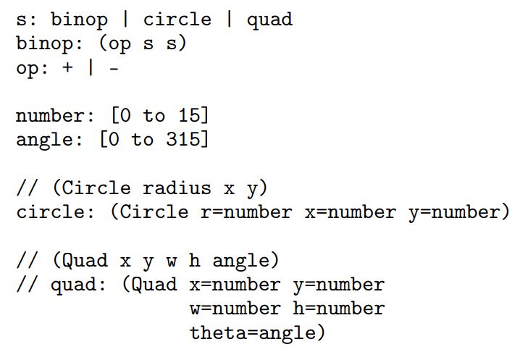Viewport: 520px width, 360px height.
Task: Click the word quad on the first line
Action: (x=269, y=20)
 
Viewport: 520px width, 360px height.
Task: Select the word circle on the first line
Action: (x=177, y=19)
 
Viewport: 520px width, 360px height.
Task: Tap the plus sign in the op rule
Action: (x=67, y=67)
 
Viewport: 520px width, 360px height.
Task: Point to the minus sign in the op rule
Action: (x=114, y=69)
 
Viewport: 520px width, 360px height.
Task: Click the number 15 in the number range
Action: (x=189, y=115)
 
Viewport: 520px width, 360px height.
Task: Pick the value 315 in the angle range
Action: (x=182, y=139)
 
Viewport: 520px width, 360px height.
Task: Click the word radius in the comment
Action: (x=177, y=188)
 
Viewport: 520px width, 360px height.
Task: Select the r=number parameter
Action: (x=246, y=212)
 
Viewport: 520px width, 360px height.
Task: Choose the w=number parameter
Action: (x=235, y=309)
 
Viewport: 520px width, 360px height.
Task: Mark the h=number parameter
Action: (x=339, y=308)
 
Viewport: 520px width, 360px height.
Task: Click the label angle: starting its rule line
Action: (x=49, y=140)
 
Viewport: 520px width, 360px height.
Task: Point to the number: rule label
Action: (x=55, y=116)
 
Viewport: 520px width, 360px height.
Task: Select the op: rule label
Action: (x=32, y=69)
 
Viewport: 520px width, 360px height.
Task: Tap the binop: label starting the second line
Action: (x=49, y=43)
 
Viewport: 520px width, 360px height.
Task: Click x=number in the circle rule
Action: (x=351, y=212)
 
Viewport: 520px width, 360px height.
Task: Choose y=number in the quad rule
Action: (x=339, y=285)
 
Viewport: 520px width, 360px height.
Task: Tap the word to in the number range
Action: (x=154, y=115)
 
